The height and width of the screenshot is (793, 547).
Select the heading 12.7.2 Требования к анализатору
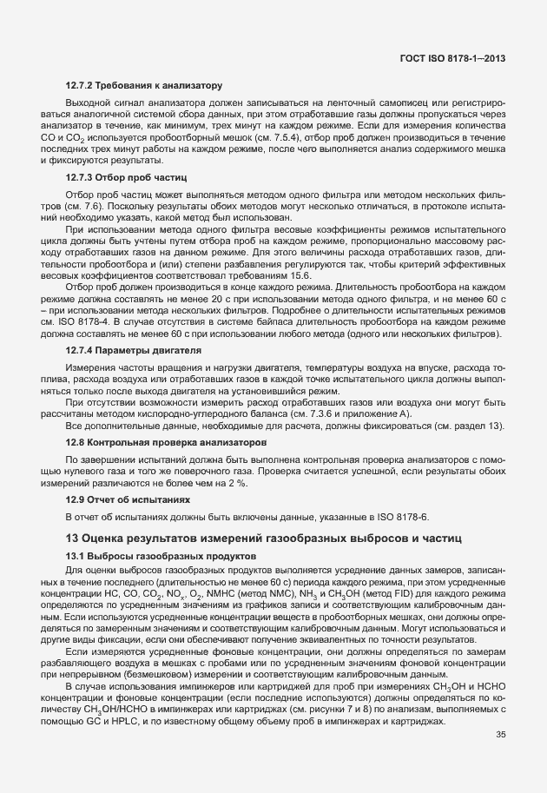(x=144, y=85)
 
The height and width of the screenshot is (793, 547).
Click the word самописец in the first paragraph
(x=397, y=103)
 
